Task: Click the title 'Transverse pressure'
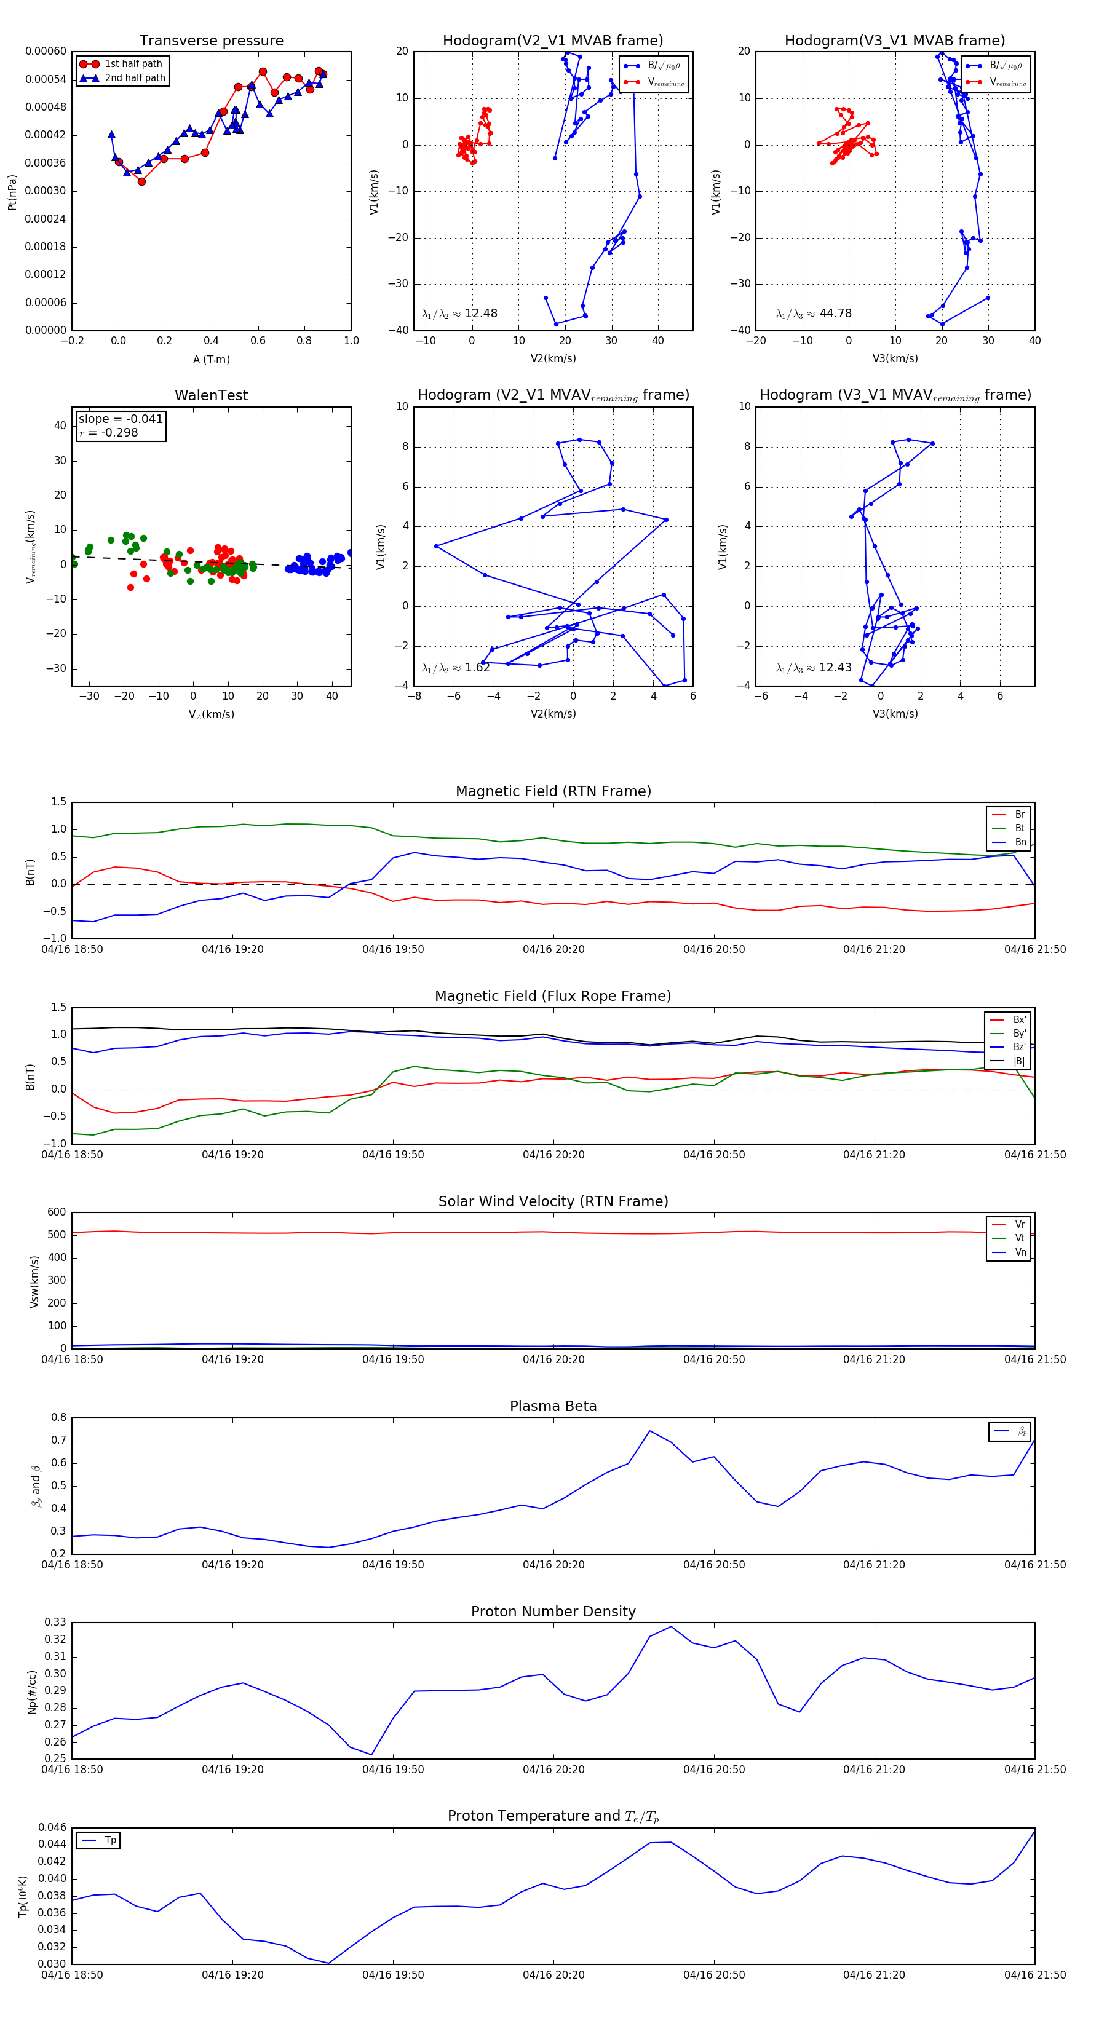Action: (211, 41)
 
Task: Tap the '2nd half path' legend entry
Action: (135, 78)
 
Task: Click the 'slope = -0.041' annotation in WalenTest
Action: (121, 419)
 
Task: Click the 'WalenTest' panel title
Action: (211, 395)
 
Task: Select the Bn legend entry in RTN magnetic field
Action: (1020, 842)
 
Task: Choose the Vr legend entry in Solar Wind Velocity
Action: (1020, 1225)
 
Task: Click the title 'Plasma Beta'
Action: (553, 1407)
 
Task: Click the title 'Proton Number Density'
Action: (553, 1612)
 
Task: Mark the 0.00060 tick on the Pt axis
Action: (46, 51)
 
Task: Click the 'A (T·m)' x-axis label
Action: (211, 359)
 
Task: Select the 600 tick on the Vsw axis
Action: (57, 1212)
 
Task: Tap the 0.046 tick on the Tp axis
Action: (52, 1827)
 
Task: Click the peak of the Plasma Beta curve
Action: (650, 1431)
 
